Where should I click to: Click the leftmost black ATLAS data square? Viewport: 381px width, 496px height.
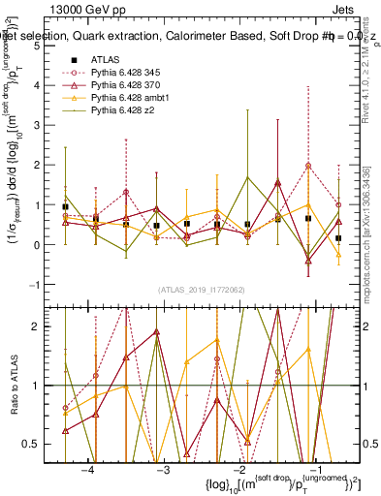tap(65, 206)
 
